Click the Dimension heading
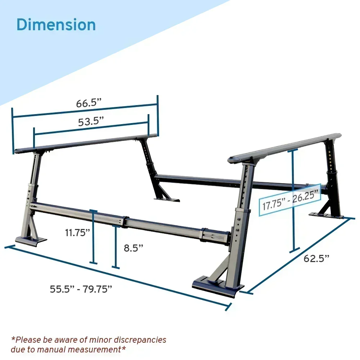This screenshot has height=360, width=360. coord(56,25)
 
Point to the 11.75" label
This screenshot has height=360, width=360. coord(77,233)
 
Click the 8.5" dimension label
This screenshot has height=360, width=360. coord(134,248)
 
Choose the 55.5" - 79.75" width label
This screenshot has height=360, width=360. coord(81,289)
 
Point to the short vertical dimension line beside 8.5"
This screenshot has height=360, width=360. coord(116,247)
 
